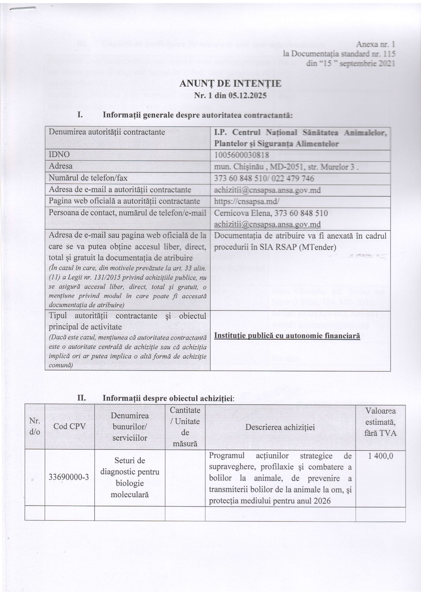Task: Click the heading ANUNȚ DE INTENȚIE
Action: pyautogui.click(x=230, y=84)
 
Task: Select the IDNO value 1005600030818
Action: pyautogui.click(x=242, y=155)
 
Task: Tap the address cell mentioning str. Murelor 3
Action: pyautogui.click(x=286, y=167)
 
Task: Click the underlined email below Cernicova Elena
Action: pyautogui.click(x=267, y=225)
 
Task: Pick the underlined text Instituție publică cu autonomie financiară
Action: pyautogui.click(x=287, y=336)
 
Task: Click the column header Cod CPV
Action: pyautogui.click(x=69, y=426)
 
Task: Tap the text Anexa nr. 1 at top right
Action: pyautogui.click(x=375, y=44)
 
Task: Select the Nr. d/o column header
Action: pyautogui.click(x=34, y=426)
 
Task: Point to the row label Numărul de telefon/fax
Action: pyautogui.click(x=88, y=178)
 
